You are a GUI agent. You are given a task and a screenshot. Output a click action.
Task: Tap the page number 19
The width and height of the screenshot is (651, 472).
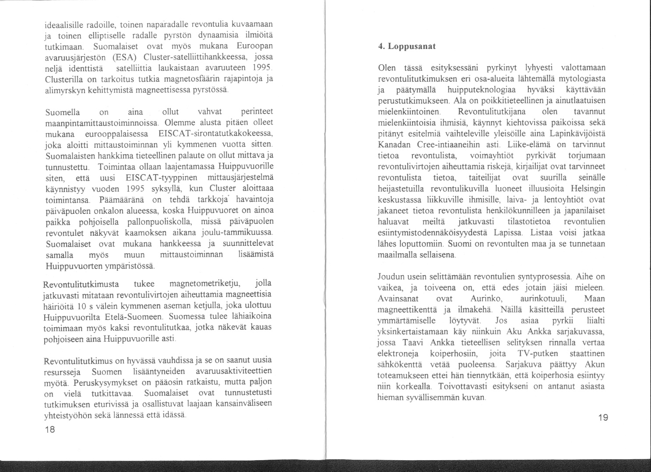(603, 418)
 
